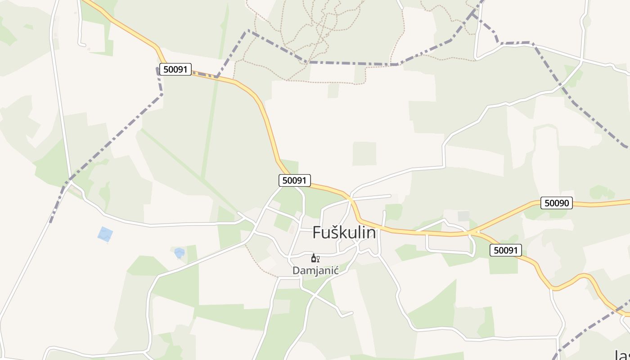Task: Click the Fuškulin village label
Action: (x=344, y=233)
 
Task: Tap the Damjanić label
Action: (x=315, y=271)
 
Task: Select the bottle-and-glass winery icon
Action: (x=315, y=258)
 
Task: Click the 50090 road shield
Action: (x=557, y=203)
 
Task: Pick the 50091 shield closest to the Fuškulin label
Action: (x=295, y=180)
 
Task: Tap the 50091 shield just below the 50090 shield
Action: (x=506, y=250)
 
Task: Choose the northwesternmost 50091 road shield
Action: (x=175, y=69)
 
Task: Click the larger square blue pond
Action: (x=105, y=234)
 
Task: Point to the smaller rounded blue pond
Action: (x=180, y=252)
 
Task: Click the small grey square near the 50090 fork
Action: (x=463, y=216)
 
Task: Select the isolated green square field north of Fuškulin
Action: (x=364, y=153)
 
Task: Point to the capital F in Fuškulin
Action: (x=317, y=233)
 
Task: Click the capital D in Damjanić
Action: (x=297, y=271)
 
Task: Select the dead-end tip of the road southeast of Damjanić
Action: (x=352, y=312)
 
